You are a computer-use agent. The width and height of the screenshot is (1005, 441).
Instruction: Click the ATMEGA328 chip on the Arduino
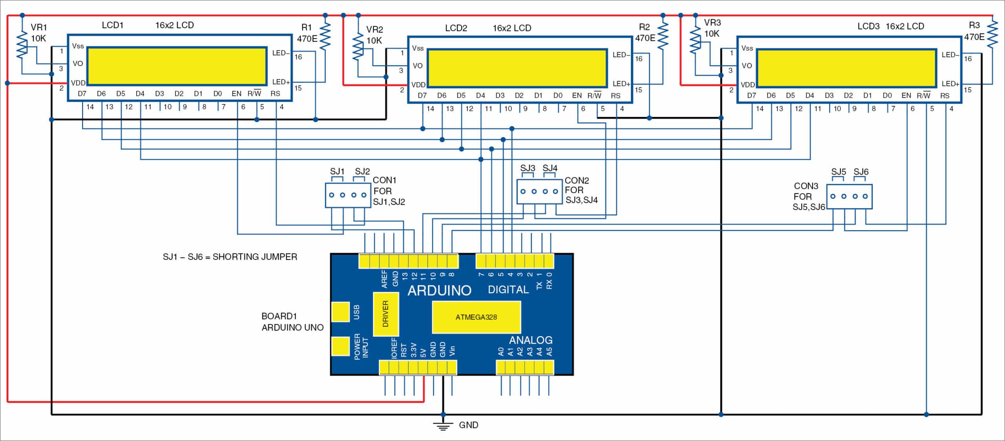(x=476, y=317)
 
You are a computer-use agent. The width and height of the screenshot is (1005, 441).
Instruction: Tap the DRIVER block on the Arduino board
(x=386, y=314)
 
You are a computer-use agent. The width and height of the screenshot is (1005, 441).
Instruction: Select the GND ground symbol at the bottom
(x=443, y=426)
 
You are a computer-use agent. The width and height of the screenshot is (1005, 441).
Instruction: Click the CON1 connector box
(x=348, y=195)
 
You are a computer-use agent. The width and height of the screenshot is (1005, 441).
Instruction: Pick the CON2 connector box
(x=539, y=192)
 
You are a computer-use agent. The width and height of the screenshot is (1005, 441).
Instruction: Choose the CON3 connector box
(x=849, y=196)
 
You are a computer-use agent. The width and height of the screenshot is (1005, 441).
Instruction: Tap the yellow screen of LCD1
(x=177, y=66)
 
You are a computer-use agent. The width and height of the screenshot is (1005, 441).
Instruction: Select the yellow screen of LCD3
(x=846, y=68)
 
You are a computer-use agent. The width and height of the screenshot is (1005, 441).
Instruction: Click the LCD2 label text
(x=456, y=28)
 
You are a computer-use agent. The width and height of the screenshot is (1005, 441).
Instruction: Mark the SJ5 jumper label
(x=838, y=172)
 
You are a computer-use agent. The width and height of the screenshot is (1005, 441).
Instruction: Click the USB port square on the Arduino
(x=340, y=312)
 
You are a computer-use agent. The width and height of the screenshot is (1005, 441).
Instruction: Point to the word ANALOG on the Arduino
(x=530, y=340)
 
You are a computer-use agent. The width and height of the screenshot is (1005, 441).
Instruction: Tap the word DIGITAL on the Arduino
(x=508, y=290)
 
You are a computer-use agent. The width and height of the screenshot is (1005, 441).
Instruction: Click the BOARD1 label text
(x=279, y=316)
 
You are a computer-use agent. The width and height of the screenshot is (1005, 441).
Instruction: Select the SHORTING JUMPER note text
(x=230, y=257)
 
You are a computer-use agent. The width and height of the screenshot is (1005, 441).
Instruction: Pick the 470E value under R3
(x=974, y=37)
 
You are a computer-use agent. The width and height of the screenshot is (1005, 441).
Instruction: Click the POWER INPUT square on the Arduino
(x=340, y=346)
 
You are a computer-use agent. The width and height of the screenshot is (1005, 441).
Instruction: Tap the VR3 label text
(x=712, y=23)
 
